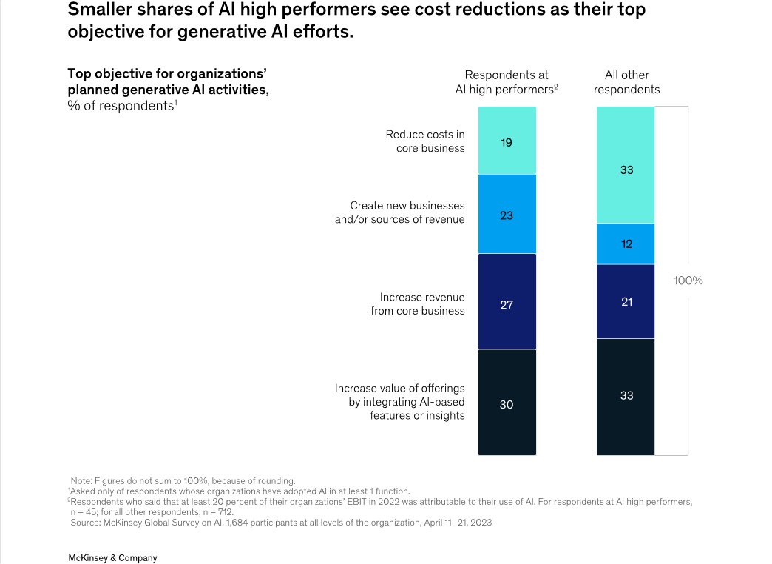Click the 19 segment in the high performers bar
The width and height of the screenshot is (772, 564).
point(507,141)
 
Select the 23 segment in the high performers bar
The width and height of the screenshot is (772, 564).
point(507,215)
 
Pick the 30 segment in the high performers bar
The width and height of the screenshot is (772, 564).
point(507,403)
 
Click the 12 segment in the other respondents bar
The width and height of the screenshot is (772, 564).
point(626,244)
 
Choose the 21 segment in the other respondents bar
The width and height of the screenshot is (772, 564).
point(626,301)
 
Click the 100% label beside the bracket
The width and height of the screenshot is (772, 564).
point(688,281)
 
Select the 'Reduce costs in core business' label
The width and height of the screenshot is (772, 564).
point(425,141)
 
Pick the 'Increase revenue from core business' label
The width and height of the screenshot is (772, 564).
point(418,303)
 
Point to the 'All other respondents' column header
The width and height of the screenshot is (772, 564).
point(626,82)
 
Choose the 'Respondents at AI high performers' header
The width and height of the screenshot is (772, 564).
point(507,82)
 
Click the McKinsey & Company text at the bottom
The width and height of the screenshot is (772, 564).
point(112,558)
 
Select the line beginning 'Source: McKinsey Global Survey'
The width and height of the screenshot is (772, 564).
point(281,523)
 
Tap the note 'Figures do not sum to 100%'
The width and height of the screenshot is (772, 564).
point(183,480)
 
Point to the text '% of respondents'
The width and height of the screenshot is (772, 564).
point(122,106)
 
